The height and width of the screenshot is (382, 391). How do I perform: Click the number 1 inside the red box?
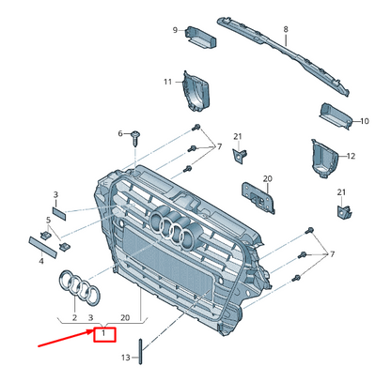click(x=102, y=331)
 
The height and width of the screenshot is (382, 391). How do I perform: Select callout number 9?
click(x=175, y=32)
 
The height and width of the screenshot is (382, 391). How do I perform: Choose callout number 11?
click(x=168, y=82)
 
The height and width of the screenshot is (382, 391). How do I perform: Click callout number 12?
click(x=351, y=155)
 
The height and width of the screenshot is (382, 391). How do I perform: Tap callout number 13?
click(x=126, y=358)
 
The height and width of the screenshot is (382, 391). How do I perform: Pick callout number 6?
click(x=120, y=134)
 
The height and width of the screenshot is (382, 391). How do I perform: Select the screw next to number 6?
click(x=135, y=136)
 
